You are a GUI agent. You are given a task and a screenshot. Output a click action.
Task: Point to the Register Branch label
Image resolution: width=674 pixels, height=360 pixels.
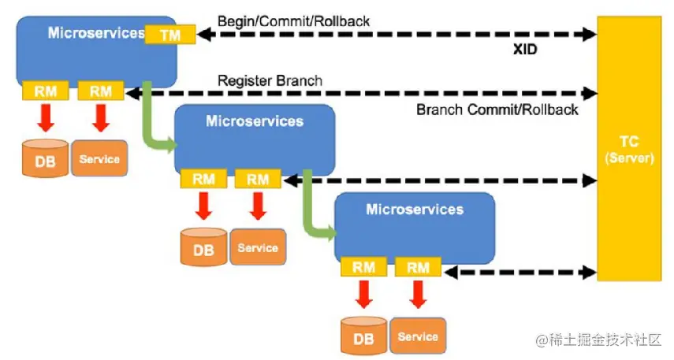(x=270, y=80)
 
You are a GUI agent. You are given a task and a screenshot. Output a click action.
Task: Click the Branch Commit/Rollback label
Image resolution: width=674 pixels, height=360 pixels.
(x=497, y=109)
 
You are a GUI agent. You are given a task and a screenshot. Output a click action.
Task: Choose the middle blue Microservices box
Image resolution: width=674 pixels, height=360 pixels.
(x=254, y=139)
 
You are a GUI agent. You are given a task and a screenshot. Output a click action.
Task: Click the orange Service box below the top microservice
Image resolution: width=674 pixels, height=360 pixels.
(x=100, y=158)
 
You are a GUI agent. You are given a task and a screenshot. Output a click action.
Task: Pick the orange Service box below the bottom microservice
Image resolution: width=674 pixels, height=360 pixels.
(x=418, y=336)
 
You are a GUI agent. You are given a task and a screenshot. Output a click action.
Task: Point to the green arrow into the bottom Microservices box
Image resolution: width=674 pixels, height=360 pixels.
(x=312, y=213)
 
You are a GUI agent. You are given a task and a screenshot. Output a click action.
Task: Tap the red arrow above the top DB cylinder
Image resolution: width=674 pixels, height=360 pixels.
(x=45, y=118)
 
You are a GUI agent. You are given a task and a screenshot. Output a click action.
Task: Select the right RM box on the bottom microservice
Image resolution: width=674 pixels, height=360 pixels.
(x=418, y=268)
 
